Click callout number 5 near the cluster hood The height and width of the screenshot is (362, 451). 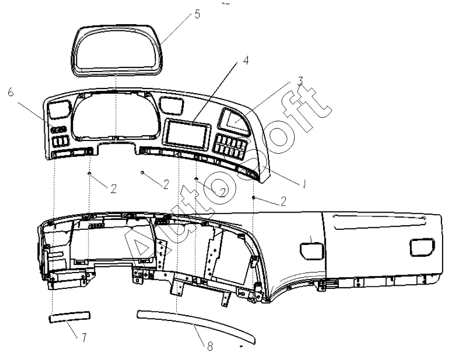pyautogui.click(x=197, y=14)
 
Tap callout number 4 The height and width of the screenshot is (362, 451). pyautogui.click(x=246, y=61)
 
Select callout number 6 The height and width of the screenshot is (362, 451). pyautogui.click(x=11, y=92)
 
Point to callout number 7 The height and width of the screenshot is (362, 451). pyautogui.click(x=84, y=338)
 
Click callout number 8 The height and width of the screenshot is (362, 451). pyautogui.click(x=210, y=346)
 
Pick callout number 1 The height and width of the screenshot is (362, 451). pyautogui.click(x=304, y=184)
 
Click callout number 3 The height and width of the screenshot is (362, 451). pyautogui.click(x=300, y=81)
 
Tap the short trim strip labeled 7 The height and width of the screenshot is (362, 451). pyautogui.click(x=69, y=317)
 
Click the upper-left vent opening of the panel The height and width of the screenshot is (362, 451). pyautogui.click(x=59, y=109)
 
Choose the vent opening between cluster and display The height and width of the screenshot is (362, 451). pyautogui.click(x=171, y=105)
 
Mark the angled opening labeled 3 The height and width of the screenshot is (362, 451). pyautogui.click(x=234, y=121)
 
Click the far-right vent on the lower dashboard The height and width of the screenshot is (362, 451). pyautogui.click(x=422, y=247)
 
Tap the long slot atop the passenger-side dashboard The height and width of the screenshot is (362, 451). pyautogui.click(x=379, y=222)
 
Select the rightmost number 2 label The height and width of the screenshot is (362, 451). pyautogui.click(x=283, y=202)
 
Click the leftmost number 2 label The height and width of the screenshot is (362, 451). pyautogui.click(x=114, y=189)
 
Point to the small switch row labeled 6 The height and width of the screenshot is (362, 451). pyautogui.click(x=58, y=129)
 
